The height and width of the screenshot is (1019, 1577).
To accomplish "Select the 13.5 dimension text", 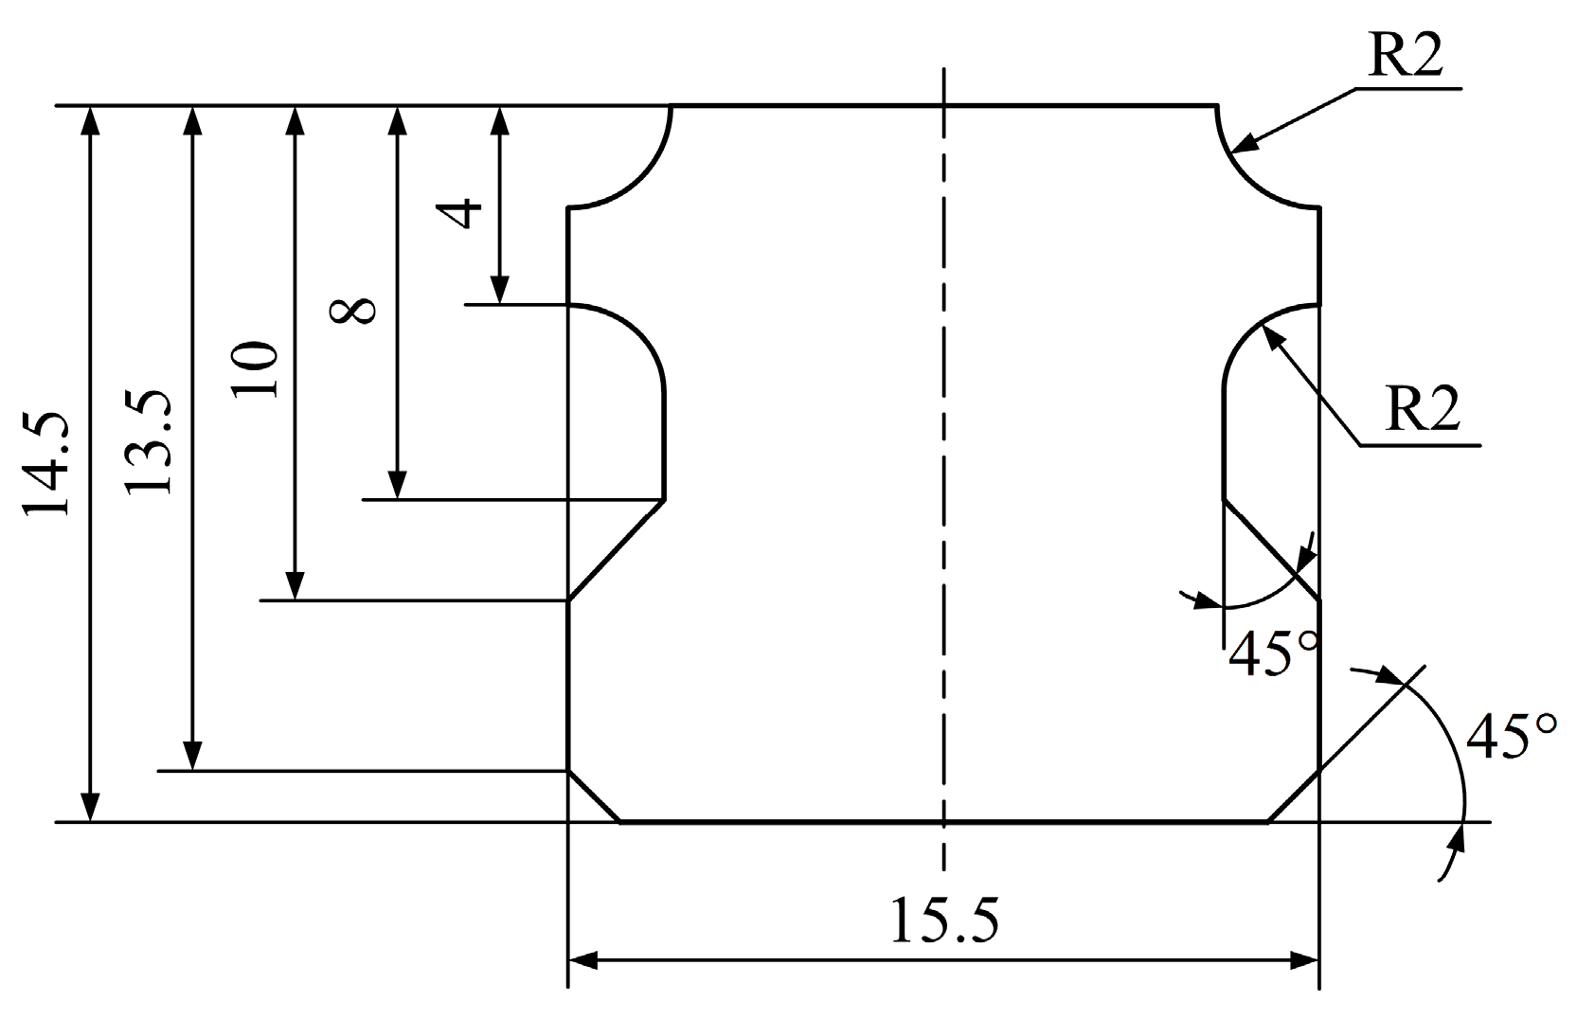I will pos(150,441).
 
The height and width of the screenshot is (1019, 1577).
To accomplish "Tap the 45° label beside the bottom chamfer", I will pos(1512,737).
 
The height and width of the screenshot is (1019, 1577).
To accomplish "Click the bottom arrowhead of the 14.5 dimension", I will pos(90,809).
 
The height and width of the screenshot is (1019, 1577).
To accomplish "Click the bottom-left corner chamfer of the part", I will pos(593,796).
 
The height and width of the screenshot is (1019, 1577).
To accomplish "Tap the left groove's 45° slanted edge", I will pos(616,550).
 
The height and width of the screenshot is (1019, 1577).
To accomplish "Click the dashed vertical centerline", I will pos(943,474).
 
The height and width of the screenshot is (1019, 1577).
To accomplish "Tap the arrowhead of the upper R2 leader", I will pos(1246,145).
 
